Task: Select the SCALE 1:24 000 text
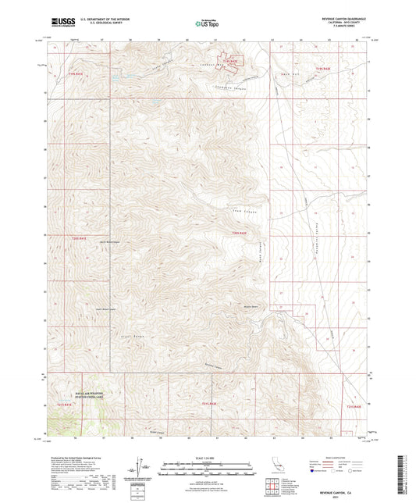coord(207,457)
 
